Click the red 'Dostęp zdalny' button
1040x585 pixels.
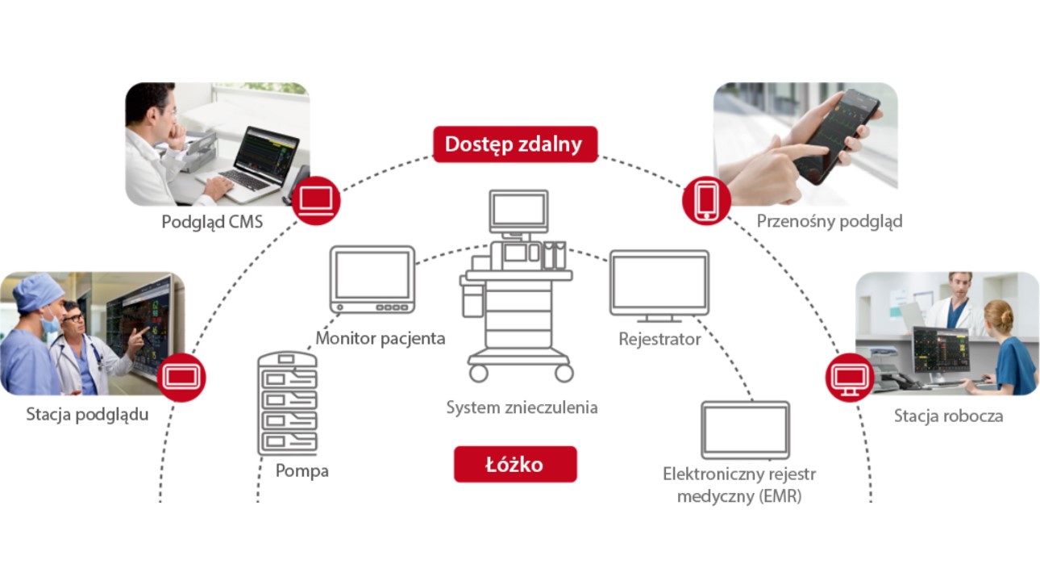[514, 144]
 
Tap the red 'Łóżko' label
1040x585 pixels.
[514, 465]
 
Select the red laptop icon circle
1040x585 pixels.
[316, 200]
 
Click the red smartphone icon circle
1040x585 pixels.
[706, 200]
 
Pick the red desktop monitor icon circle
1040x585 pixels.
[850, 377]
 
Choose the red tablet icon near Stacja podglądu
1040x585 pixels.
[181, 377]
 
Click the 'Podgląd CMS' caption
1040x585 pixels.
[212, 221]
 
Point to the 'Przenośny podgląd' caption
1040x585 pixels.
[830, 221]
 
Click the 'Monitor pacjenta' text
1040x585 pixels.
[380, 338]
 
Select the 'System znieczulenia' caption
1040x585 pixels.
[522, 407]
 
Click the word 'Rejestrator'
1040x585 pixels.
[659, 339]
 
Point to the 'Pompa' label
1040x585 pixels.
[302, 471]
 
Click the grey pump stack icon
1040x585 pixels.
[287, 403]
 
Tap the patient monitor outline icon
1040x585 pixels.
[372, 279]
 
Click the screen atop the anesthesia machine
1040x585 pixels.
[518, 211]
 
